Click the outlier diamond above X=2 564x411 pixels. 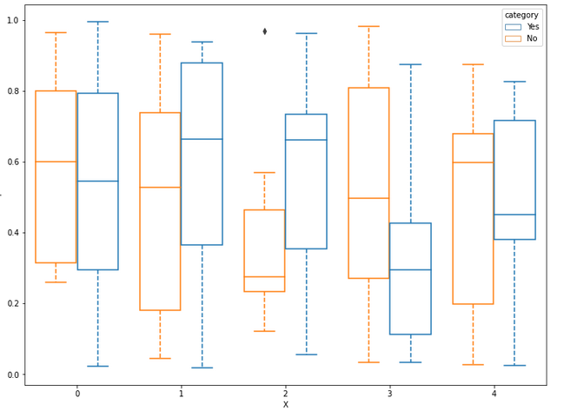click(265, 31)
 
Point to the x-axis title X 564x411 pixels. click(285, 404)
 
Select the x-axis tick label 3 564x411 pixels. click(389, 394)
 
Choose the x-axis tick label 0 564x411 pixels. click(76, 394)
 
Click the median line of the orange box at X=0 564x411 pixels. click(56, 162)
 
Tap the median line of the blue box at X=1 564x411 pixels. click(202, 139)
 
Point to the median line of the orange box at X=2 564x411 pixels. click(264, 276)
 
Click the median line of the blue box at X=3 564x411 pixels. click(410, 269)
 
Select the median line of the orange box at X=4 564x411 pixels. click(473, 162)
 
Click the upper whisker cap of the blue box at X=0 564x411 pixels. click(97, 22)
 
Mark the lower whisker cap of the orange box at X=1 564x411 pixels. click(160, 358)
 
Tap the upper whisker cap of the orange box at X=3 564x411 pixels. click(368, 26)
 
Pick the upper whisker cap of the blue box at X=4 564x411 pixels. click(514, 82)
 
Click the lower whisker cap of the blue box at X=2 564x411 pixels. click(306, 355)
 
